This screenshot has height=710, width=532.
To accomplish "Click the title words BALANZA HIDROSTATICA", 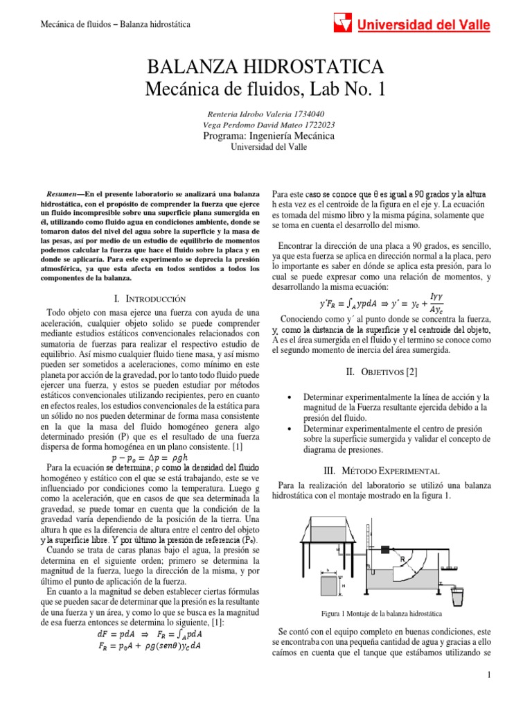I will [x=265, y=67].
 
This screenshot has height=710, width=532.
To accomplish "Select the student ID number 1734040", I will [x=305, y=114].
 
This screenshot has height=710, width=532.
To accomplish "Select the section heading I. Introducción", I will [x=150, y=298].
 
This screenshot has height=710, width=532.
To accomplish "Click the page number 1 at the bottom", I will [x=488, y=675].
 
